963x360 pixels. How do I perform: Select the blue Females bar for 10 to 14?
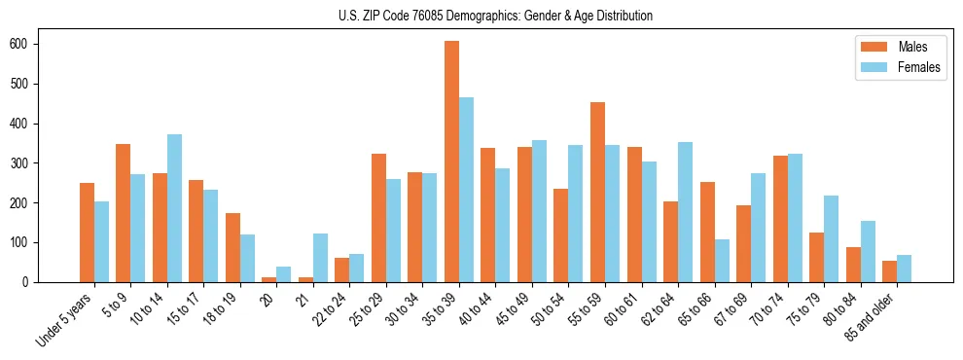pyautogui.click(x=174, y=208)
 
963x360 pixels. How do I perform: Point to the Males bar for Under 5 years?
pyautogui.click(x=87, y=233)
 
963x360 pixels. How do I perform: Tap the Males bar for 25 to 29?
pyautogui.click(x=378, y=218)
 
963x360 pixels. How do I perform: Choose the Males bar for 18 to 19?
pyautogui.click(x=232, y=247)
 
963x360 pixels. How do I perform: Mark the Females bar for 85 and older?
pyautogui.click(x=904, y=269)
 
